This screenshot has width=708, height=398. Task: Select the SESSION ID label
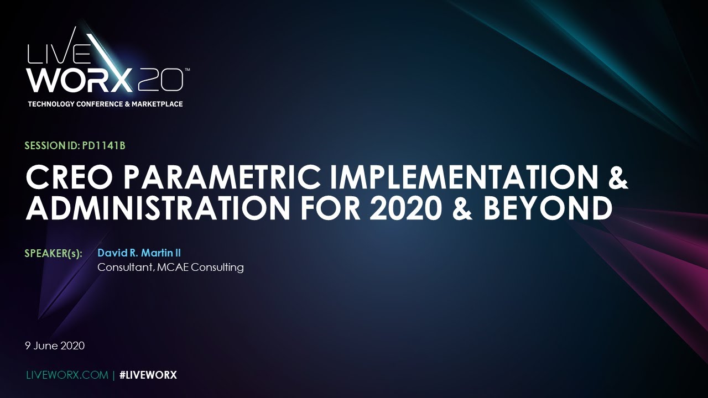[x=52, y=146]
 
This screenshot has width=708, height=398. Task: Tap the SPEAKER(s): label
[x=54, y=254]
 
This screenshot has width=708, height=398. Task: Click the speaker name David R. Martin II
[x=139, y=253]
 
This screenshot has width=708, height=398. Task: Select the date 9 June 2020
[x=55, y=346]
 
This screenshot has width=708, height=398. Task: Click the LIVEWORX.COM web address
[x=67, y=375]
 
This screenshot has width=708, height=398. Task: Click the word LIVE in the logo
[x=58, y=54]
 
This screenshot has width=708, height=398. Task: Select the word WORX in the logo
[x=80, y=81]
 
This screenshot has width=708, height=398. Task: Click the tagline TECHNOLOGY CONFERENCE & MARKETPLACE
[x=105, y=104]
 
